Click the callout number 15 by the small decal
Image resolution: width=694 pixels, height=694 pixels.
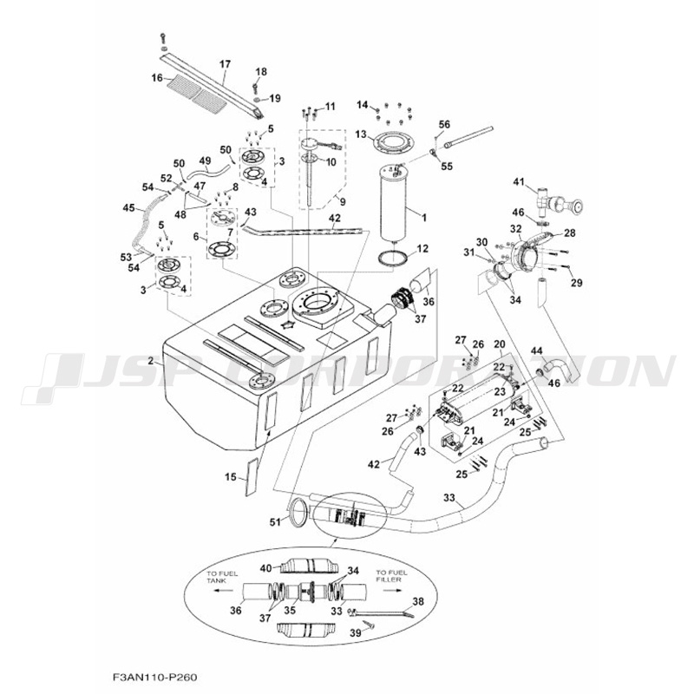click(231, 476)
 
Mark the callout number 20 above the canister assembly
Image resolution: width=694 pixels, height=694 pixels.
click(500, 344)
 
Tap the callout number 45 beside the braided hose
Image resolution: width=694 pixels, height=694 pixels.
click(128, 207)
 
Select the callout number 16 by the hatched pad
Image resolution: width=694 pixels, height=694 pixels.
click(157, 77)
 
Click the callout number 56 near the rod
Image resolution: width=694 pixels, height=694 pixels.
click(444, 125)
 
